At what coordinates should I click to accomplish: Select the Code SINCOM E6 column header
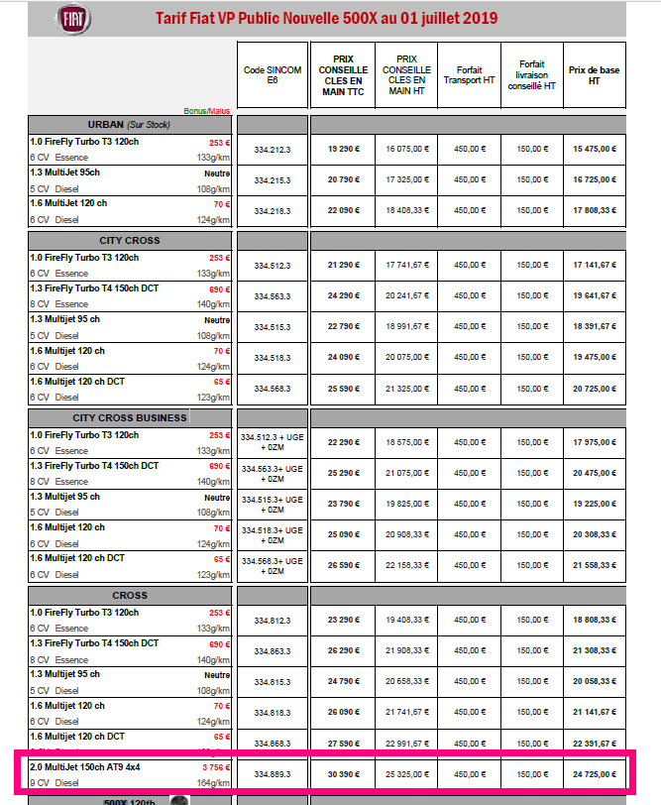click(273, 77)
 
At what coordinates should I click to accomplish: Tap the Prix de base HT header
click(594, 76)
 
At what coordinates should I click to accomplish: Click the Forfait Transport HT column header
click(469, 76)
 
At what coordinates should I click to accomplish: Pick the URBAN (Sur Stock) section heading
click(130, 125)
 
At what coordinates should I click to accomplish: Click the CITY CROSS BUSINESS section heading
click(130, 417)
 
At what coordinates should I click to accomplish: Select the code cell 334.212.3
click(273, 150)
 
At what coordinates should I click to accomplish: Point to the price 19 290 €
click(344, 150)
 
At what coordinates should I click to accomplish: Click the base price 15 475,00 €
click(594, 150)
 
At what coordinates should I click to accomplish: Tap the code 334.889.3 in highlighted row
click(273, 774)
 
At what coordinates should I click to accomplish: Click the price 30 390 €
click(344, 774)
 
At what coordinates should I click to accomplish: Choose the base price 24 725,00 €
click(594, 774)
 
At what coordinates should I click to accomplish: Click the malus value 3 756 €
click(215, 767)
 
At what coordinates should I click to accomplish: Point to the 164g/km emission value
click(213, 782)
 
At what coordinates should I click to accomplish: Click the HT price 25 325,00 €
click(406, 774)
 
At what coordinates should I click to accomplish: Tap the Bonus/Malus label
click(206, 110)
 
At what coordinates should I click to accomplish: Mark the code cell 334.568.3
click(273, 390)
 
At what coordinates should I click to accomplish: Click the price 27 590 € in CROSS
click(344, 744)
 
